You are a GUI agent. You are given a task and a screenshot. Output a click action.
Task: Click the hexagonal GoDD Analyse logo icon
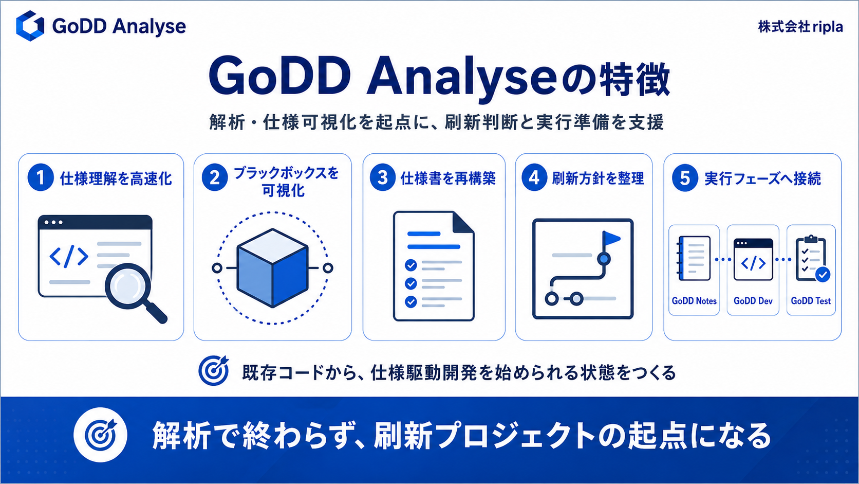(30, 26)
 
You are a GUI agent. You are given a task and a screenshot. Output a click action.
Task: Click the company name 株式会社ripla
(800, 27)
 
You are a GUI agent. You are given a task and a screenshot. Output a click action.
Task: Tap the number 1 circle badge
(40, 177)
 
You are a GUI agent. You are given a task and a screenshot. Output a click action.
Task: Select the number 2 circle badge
(215, 177)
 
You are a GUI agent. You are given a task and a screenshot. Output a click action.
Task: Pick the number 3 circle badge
(382, 177)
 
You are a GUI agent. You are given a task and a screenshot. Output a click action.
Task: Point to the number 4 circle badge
(534, 177)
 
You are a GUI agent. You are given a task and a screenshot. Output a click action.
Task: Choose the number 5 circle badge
(685, 178)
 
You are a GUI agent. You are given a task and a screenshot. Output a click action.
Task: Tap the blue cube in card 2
(273, 268)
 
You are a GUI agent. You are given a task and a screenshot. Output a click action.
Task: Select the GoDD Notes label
(694, 301)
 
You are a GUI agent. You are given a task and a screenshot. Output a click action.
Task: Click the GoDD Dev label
(753, 301)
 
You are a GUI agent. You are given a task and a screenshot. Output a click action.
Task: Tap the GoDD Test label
(811, 301)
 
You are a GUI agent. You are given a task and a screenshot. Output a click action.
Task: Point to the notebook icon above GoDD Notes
(694, 258)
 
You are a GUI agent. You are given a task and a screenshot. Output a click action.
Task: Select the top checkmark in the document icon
(410, 265)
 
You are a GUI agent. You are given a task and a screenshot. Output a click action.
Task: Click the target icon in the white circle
(101, 435)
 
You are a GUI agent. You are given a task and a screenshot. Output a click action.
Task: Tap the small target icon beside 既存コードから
(214, 370)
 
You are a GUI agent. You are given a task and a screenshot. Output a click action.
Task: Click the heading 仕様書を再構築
(448, 178)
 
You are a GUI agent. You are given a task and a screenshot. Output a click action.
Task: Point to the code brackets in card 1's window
(69, 256)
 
